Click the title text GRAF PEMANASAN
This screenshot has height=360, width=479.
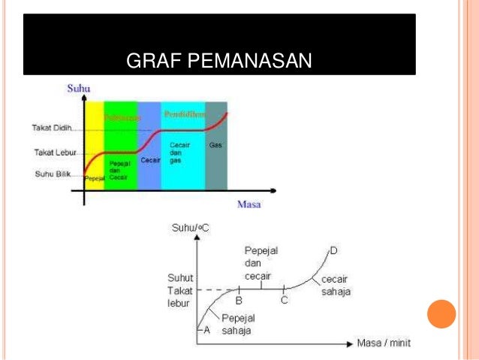(218, 61)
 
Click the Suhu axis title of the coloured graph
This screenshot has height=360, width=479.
(79, 89)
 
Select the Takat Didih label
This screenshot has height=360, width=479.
(51, 128)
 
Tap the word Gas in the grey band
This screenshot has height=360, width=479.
(215, 144)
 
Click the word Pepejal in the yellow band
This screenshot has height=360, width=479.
(95, 180)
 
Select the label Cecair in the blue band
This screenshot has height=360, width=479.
(149, 160)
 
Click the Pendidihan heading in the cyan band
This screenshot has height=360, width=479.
(184, 114)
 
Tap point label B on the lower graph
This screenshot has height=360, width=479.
(238, 300)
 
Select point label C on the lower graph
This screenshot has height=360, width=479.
(285, 300)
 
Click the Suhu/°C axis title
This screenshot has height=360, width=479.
(192, 226)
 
